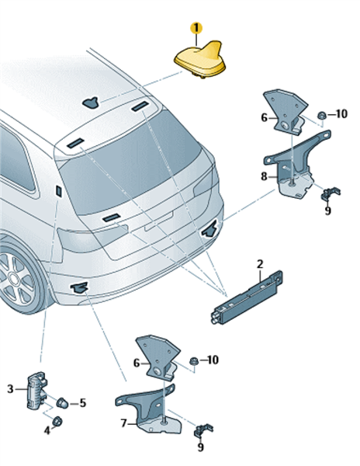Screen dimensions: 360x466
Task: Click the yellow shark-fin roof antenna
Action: (x=200, y=60)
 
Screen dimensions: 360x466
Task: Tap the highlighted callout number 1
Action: (x=196, y=29)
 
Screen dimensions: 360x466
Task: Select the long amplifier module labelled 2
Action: (x=247, y=297)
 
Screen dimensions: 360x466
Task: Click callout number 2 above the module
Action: (x=260, y=264)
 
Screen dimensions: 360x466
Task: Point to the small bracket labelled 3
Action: (x=36, y=390)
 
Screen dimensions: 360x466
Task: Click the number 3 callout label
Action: (x=10, y=389)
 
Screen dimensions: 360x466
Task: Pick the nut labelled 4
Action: (x=57, y=421)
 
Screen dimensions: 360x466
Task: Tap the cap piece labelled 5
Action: (x=62, y=402)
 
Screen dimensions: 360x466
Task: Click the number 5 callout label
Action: (x=82, y=403)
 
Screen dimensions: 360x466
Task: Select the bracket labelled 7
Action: (x=148, y=410)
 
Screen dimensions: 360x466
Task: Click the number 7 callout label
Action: (x=124, y=423)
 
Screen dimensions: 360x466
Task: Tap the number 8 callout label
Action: (x=264, y=176)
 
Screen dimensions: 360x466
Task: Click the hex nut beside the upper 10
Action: (x=321, y=115)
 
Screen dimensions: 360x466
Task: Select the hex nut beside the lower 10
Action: (x=194, y=361)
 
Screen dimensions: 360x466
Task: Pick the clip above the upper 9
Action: (x=330, y=193)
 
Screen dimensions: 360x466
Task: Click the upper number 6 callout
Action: (x=264, y=118)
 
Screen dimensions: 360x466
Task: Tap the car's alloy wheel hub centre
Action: (x=12, y=280)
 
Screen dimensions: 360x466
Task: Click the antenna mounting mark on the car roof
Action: (x=91, y=103)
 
